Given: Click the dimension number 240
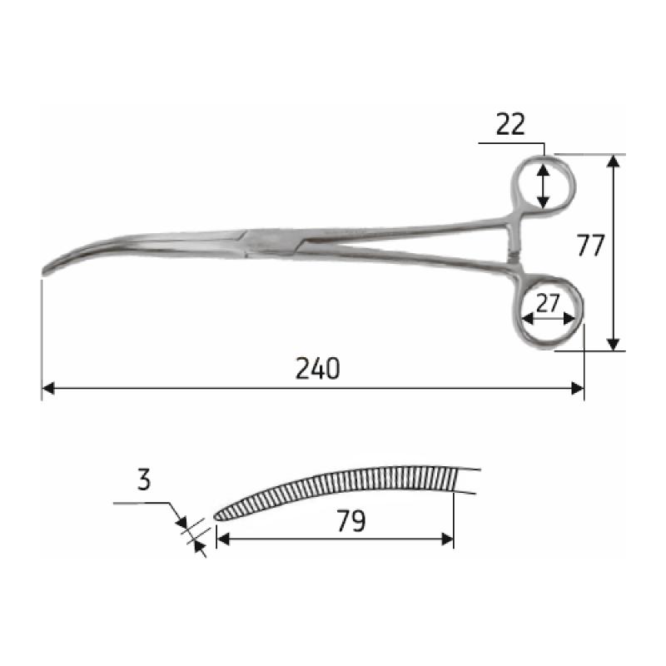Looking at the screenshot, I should (x=317, y=368).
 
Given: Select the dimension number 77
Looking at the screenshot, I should (x=589, y=247).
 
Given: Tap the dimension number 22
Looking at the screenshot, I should (x=510, y=124).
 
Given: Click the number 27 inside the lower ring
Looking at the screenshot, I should (x=547, y=304).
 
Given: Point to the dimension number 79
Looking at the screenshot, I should (x=351, y=521).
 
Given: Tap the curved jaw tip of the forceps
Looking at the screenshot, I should (x=50, y=270).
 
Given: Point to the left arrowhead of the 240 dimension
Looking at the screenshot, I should (x=47, y=388).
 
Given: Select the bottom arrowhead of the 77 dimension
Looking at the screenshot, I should (x=614, y=343).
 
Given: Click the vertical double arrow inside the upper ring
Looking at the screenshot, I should (x=543, y=186).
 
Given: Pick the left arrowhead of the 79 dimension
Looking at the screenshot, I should (x=222, y=539).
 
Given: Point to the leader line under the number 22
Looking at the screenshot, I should (x=511, y=143).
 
